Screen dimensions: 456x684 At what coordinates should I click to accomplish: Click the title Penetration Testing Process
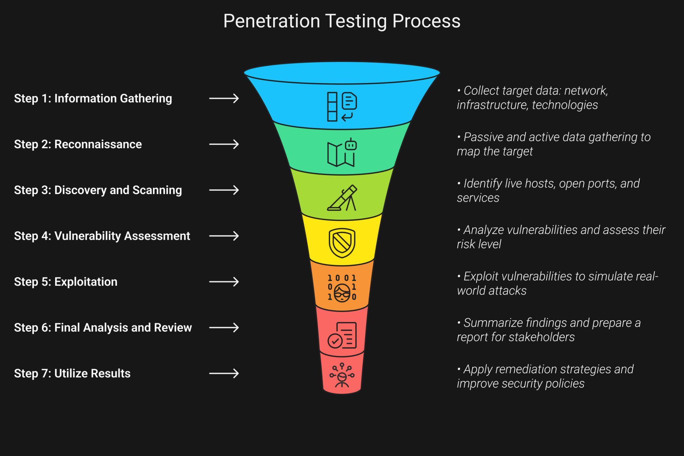coord(342,21)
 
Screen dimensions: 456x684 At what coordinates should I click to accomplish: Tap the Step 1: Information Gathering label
coord(93,98)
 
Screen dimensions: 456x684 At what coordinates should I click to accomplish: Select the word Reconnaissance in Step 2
coord(98,144)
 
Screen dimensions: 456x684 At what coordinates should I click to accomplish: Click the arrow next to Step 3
coord(224,190)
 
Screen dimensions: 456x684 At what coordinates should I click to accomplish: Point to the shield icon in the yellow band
coord(342,243)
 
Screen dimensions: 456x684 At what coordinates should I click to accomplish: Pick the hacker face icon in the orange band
coord(342,292)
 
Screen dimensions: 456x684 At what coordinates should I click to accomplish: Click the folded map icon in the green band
coord(340,154)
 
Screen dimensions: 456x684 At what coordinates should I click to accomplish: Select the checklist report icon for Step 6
coord(342,335)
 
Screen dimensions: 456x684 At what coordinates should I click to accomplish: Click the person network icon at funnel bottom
coord(342,376)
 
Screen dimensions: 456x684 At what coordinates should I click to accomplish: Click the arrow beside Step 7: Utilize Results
coord(224,373)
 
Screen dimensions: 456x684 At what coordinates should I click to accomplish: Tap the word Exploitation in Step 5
coord(86,282)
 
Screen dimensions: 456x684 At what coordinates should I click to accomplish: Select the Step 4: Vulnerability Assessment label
coord(102,236)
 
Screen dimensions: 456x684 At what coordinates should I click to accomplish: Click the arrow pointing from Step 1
coord(224,98)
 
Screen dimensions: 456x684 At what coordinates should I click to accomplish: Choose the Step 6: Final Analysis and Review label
coord(103,328)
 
